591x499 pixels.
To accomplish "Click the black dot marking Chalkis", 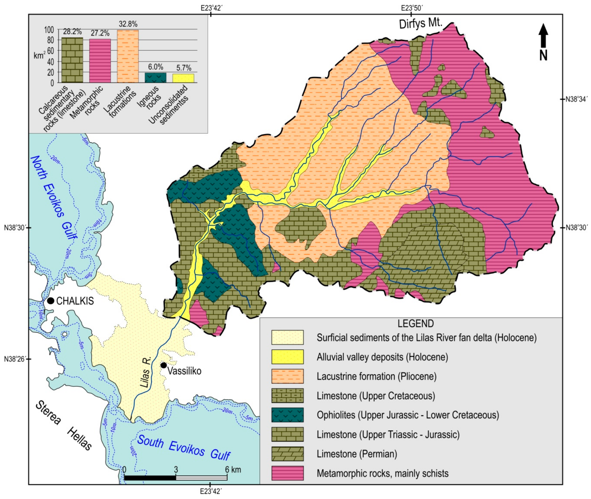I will click(51, 301).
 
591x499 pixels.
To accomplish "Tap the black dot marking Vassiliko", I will click(164, 365).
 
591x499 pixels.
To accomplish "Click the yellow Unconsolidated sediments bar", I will click(183, 78).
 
